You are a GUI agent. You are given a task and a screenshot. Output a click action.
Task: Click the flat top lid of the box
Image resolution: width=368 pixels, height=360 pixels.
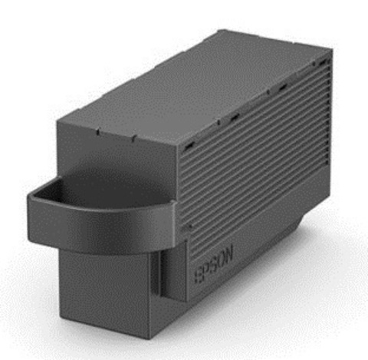pyautogui.click(x=184, y=84)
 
